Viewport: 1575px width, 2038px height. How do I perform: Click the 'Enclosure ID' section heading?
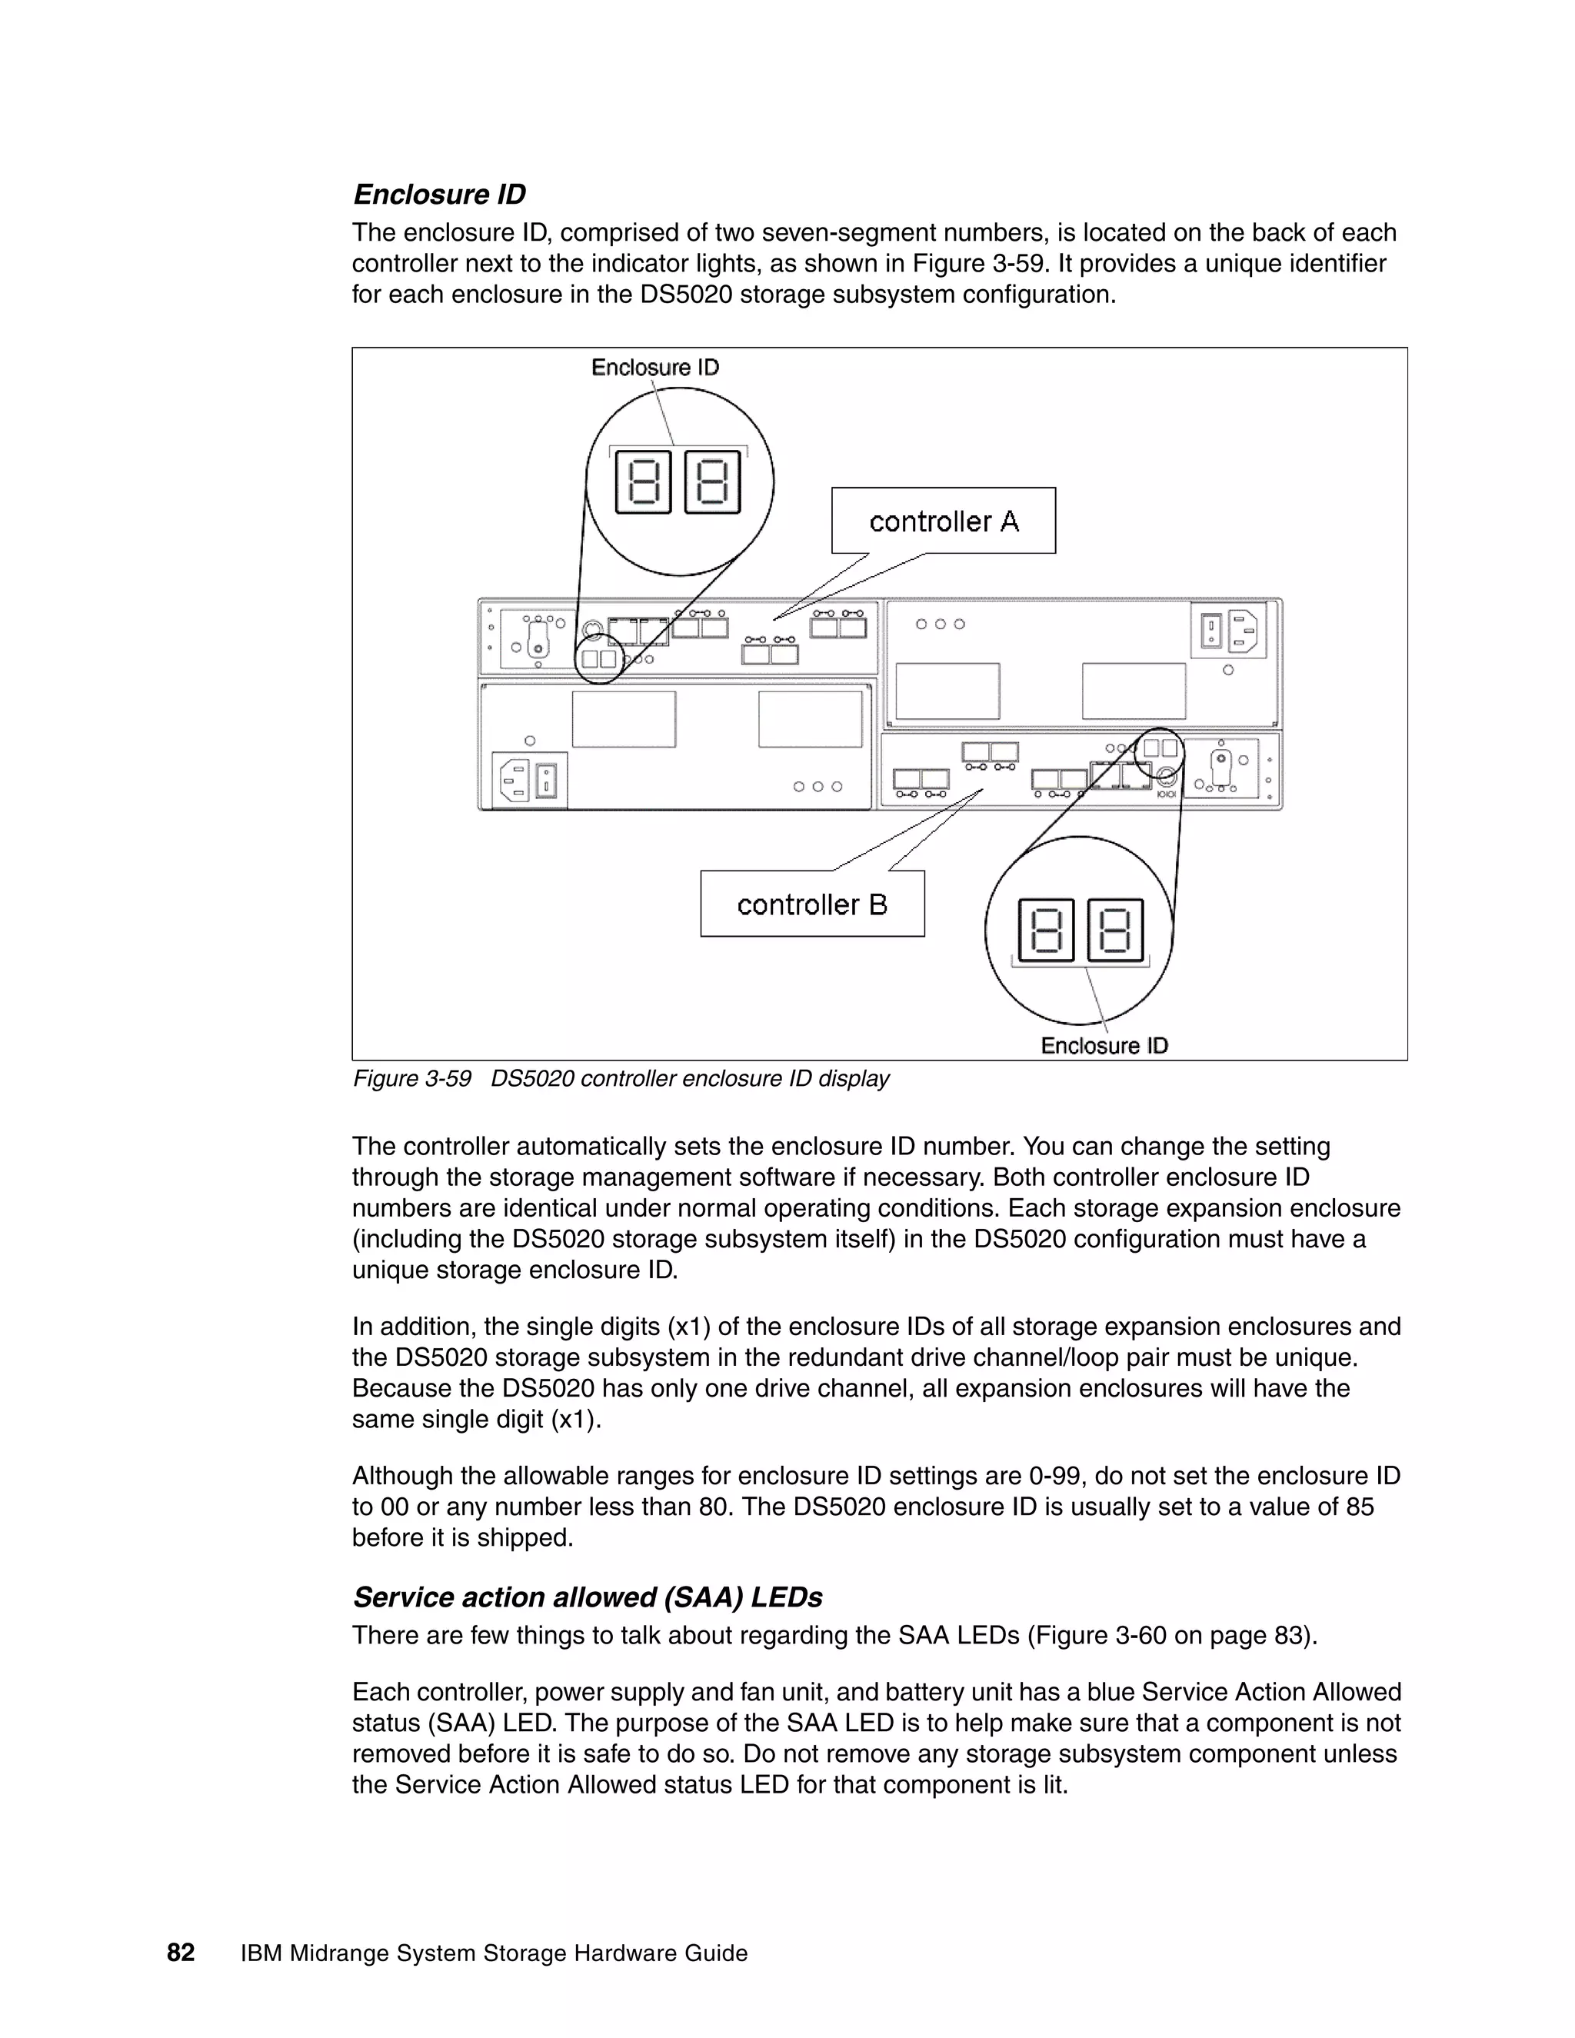point(438,194)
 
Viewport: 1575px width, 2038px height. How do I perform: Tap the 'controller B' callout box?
point(812,904)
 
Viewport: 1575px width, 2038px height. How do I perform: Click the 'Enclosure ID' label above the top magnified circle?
point(655,368)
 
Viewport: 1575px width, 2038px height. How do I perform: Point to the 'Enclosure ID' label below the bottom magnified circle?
point(1104,1045)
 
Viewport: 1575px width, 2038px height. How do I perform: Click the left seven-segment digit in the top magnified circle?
point(643,481)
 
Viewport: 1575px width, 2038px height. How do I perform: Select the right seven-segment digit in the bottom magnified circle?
point(1115,931)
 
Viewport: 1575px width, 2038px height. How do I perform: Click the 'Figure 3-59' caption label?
point(411,1079)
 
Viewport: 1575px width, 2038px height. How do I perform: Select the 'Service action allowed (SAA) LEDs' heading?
point(587,1597)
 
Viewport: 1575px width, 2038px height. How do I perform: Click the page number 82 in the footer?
point(181,1953)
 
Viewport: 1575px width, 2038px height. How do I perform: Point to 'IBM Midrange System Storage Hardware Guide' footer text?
point(494,1953)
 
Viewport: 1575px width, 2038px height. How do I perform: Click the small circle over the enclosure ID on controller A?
point(599,659)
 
